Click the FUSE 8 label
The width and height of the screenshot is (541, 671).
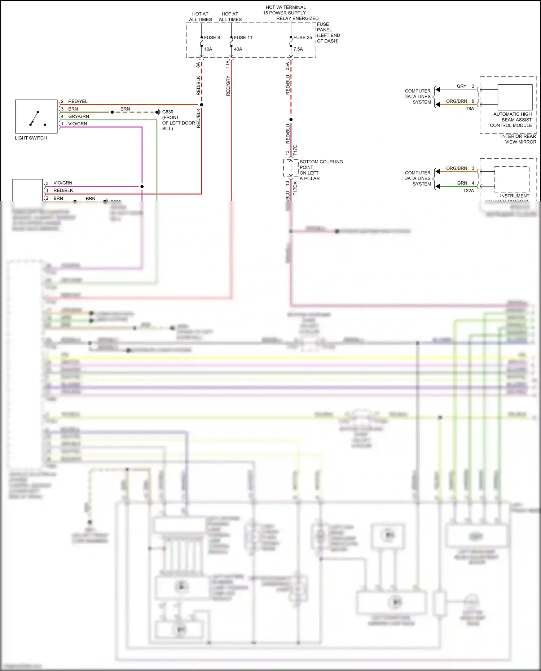click(x=212, y=37)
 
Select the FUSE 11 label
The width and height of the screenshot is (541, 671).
click(x=243, y=37)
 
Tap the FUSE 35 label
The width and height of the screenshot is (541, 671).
click(x=302, y=37)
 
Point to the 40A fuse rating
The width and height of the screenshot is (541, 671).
click(x=238, y=49)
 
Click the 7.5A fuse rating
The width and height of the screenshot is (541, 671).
click(x=298, y=49)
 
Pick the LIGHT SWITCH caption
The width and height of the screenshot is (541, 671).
click(x=31, y=138)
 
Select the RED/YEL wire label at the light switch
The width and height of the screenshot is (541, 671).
click(x=78, y=101)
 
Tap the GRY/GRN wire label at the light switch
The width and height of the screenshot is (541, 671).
click(x=78, y=116)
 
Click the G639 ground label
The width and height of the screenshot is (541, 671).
click(x=167, y=112)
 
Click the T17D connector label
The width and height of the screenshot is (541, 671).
click(x=295, y=150)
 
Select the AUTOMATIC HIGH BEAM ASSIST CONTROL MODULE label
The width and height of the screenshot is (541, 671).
click(x=511, y=120)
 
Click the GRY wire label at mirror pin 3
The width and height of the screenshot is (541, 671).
click(x=461, y=86)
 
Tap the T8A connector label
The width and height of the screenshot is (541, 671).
click(x=470, y=109)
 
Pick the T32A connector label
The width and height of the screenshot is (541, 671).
click(x=469, y=191)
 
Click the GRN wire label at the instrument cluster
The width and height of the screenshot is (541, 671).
click(x=462, y=183)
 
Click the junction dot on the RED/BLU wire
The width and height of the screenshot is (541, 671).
click(x=291, y=120)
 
